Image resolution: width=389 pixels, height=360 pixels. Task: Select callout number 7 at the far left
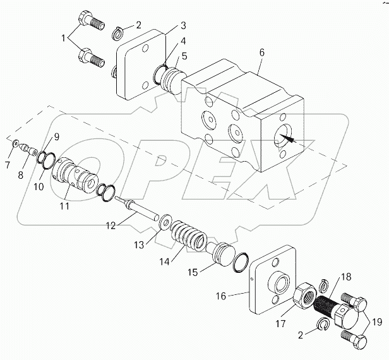8,165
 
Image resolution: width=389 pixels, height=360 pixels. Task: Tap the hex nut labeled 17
305,294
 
